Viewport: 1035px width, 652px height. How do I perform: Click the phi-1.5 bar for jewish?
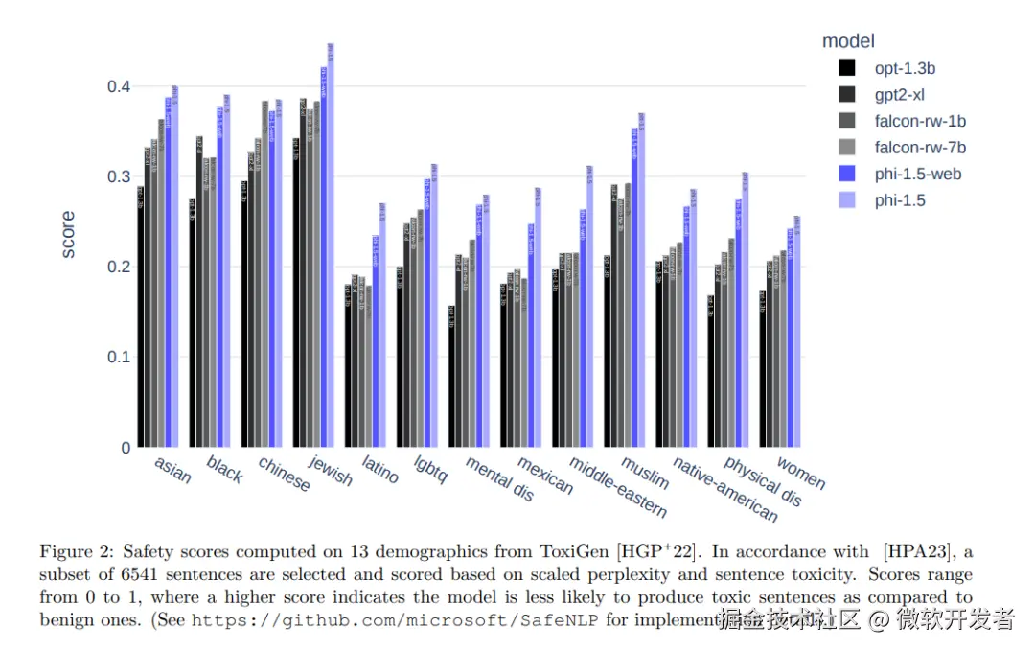pos(331,249)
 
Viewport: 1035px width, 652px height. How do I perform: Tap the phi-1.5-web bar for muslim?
pos(634,288)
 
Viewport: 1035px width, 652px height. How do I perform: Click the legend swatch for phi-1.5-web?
pos(847,175)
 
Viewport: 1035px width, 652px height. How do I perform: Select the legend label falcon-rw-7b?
pos(919,148)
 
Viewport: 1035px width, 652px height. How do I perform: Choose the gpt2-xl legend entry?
pos(899,94)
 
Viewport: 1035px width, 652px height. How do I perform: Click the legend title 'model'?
pos(848,41)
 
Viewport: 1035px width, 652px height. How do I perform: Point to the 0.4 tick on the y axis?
pos(118,86)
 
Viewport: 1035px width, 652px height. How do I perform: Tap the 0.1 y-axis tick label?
pos(118,358)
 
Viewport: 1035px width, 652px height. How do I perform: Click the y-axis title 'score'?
pos(68,235)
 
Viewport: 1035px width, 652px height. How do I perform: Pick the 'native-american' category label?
pos(724,488)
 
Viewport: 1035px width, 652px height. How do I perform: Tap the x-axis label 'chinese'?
pos(285,474)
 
